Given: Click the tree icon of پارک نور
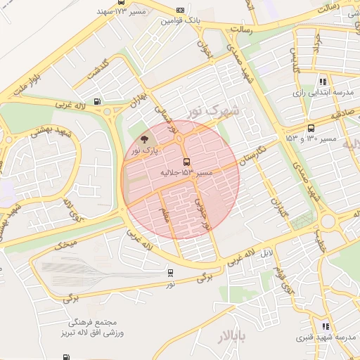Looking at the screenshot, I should click(145, 139).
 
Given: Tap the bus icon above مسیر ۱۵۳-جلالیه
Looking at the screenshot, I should click(186, 161).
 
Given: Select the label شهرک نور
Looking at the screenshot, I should click(214, 111).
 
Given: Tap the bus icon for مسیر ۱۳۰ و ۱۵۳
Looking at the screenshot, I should click(311, 129).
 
